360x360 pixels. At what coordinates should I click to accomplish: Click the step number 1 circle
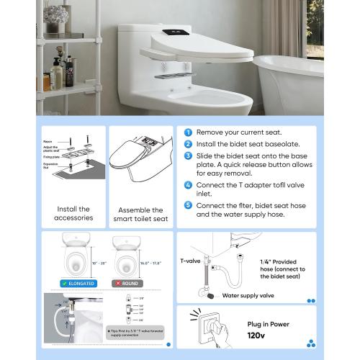point(188,132)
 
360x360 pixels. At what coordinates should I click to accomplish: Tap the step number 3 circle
point(188,156)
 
